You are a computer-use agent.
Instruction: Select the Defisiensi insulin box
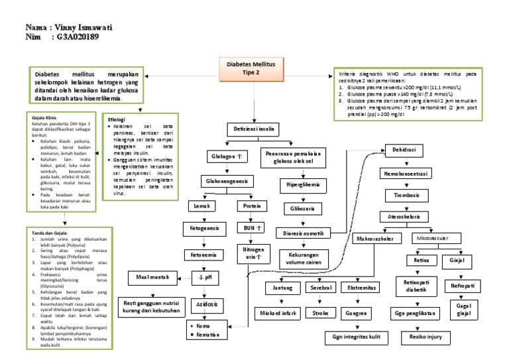[253, 128]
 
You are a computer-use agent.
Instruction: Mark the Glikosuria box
[302, 210]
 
